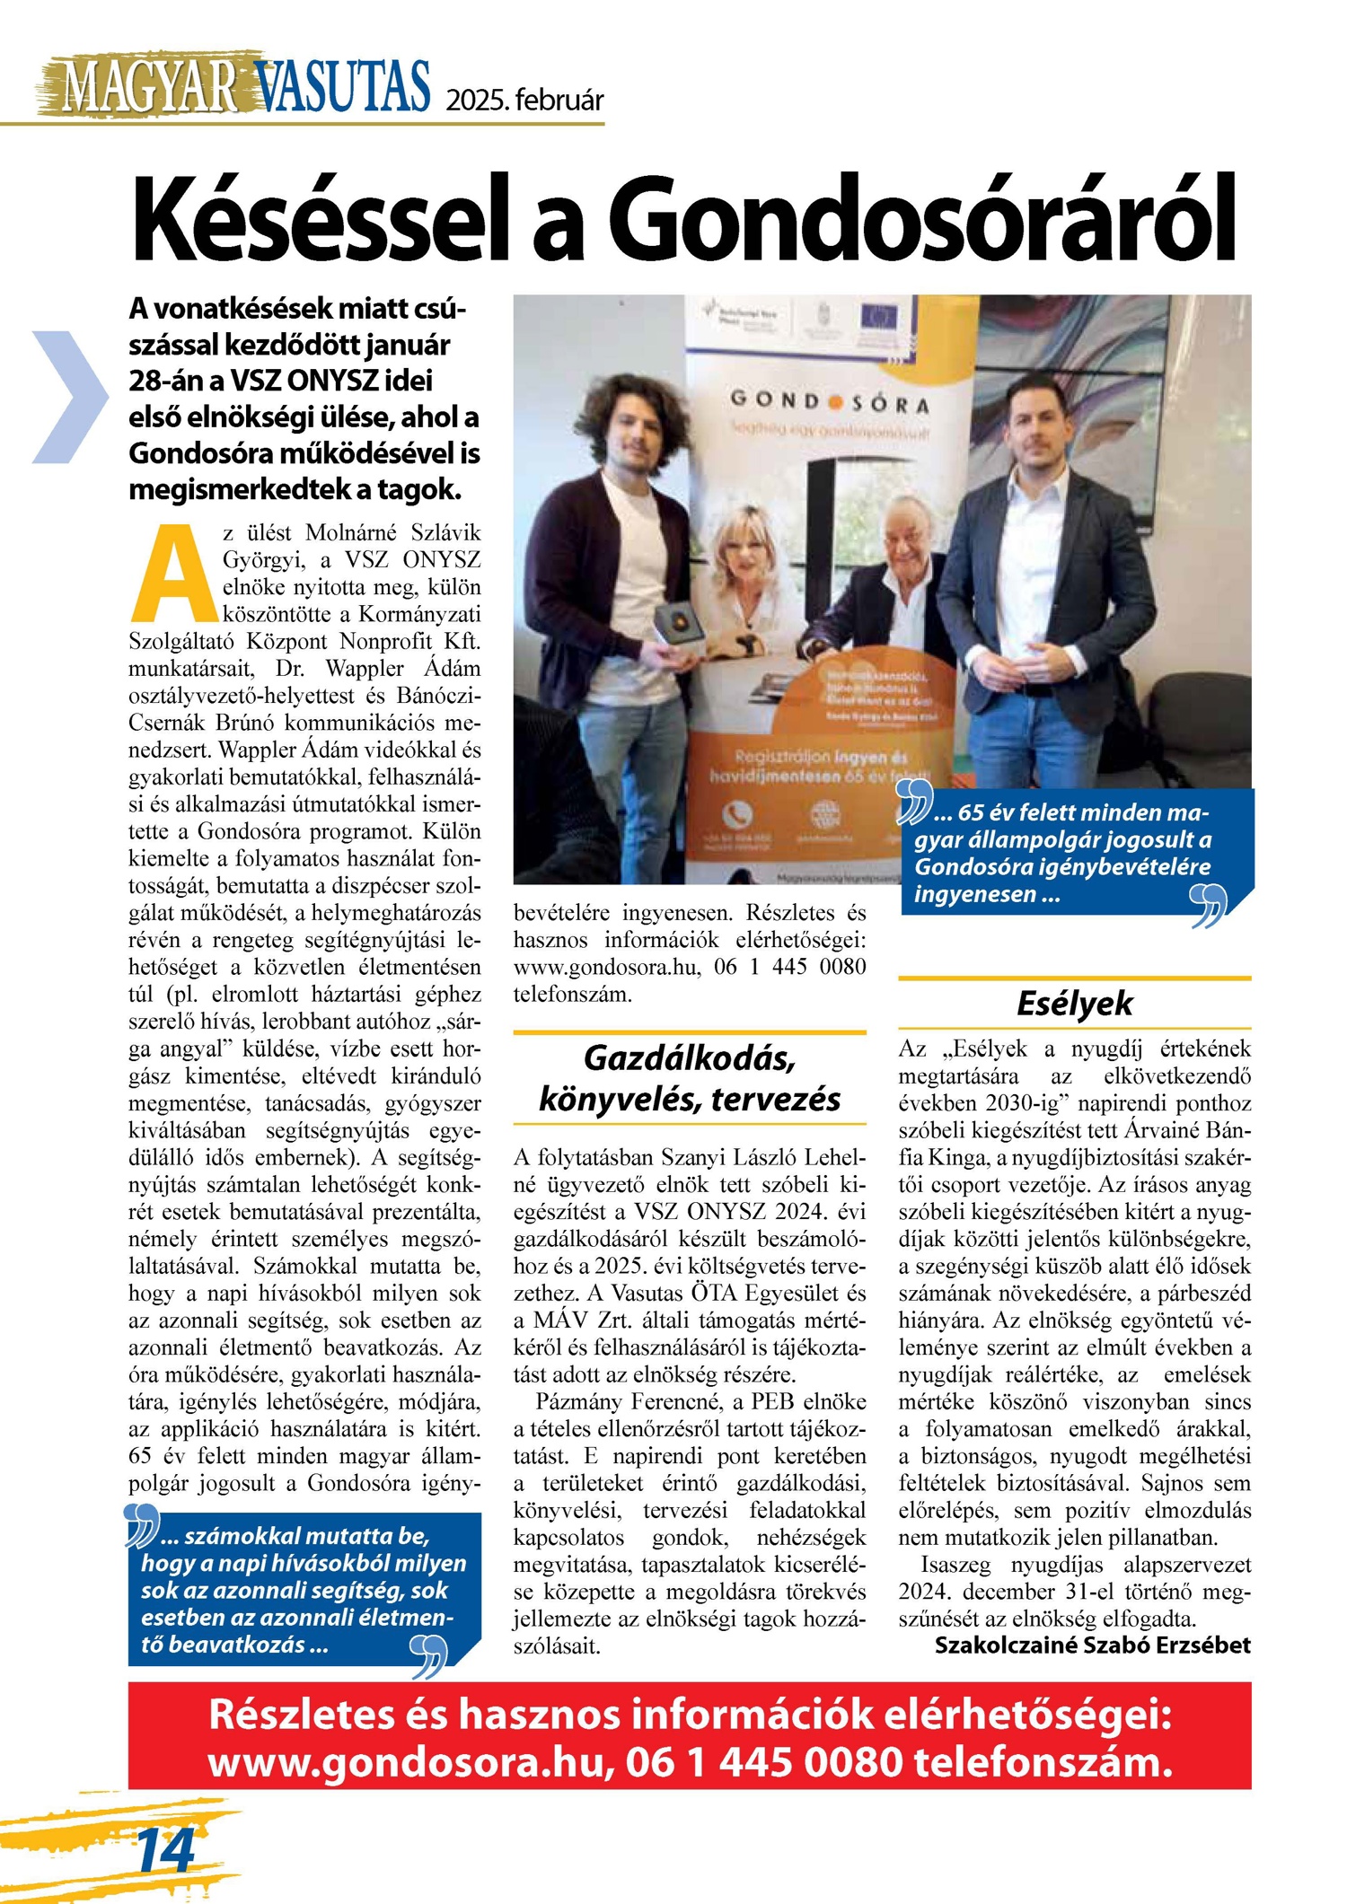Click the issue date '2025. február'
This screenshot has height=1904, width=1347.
pyautogui.click(x=525, y=100)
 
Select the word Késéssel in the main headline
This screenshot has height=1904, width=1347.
pyautogui.click(x=329, y=218)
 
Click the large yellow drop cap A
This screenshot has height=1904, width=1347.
pyautogui.click(x=174, y=574)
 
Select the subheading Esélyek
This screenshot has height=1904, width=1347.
pyautogui.click(x=1074, y=1003)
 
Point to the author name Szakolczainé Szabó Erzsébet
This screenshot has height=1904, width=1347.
pyautogui.click(x=1092, y=1645)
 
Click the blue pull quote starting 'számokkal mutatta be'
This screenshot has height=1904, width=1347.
pyautogui.click(x=304, y=1589)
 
